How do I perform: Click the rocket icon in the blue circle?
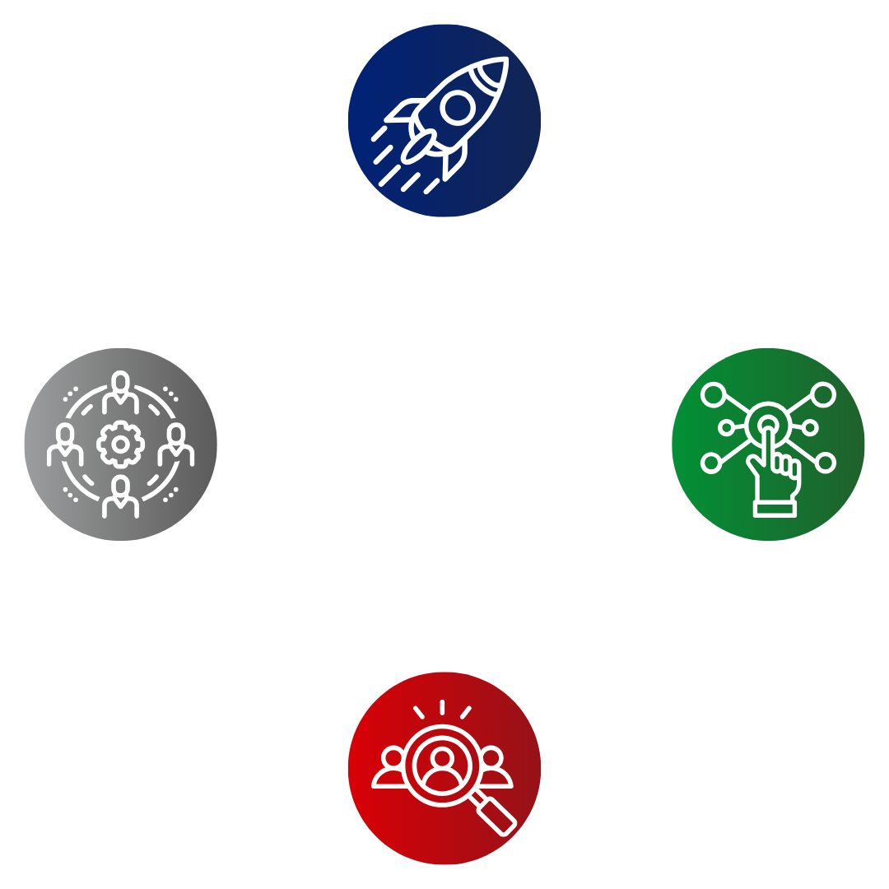click(x=444, y=119)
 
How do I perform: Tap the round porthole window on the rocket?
click(x=458, y=106)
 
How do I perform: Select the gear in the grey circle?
click(x=120, y=444)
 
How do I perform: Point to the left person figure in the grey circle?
click(x=65, y=445)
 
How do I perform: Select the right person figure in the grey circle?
click(x=175, y=445)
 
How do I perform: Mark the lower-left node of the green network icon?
click(x=710, y=463)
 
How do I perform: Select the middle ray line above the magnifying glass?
click(x=442, y=707)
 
